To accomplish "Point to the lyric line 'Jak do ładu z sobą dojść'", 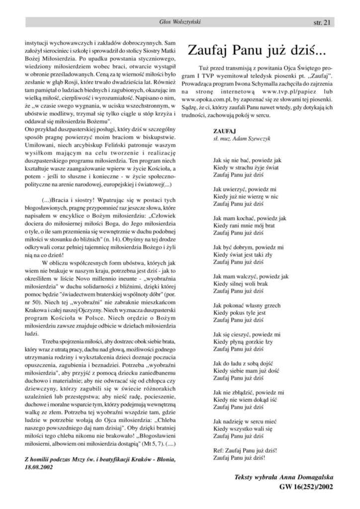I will pos(244,364).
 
